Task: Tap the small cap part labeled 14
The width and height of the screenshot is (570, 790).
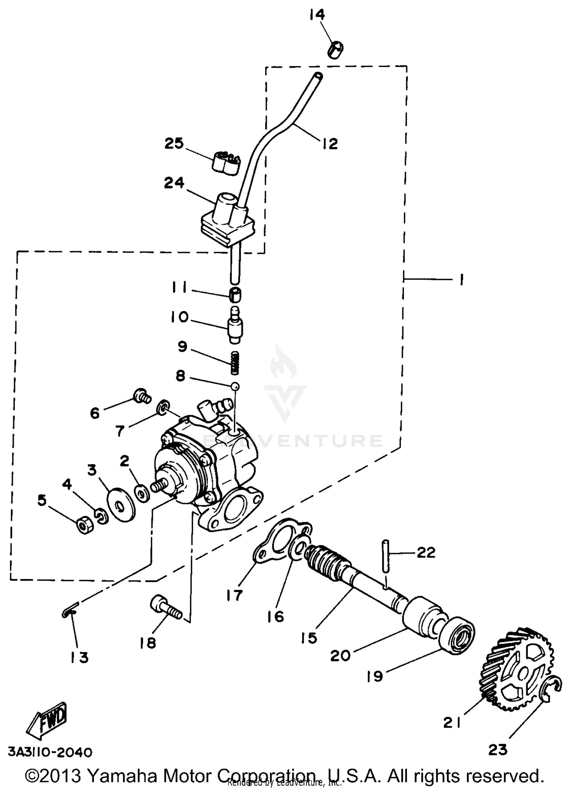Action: (335, 50)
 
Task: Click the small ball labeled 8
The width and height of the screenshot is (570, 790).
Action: (236, 386)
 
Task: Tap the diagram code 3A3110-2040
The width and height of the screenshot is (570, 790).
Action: (50, 752)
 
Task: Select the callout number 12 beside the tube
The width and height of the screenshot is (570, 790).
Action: (330, 144)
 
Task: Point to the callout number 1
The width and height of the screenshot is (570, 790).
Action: (461, 280)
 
